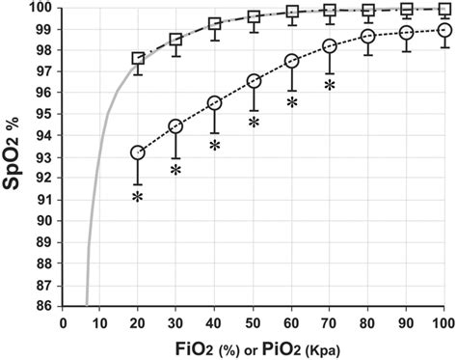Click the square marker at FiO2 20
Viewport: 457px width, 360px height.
click(x=138, y=59)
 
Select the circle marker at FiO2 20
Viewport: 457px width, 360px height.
click(x=138, y=152)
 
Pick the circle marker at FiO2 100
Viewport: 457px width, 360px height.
click(x=444, y=30)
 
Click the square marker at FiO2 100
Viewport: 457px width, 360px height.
click(x=444, y=9)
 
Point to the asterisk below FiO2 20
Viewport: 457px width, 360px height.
click(x=138, y=197)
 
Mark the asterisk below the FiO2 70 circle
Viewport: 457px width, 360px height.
click(x=330, y=86)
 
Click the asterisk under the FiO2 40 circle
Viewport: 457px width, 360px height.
click(x=215, y=146)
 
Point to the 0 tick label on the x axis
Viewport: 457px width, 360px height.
click(x=63, y=320)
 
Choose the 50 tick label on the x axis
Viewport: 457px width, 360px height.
click(x=254, y=320)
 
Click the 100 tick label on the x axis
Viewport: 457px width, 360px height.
click(x=444, y=320)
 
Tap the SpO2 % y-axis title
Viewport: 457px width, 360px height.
click(x=16, y=154)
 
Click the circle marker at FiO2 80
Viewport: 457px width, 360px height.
click(x=368, y=37)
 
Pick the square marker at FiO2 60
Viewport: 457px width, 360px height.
click(x=291, y=13)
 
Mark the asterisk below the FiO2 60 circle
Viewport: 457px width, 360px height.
click(x=291, y=101)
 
